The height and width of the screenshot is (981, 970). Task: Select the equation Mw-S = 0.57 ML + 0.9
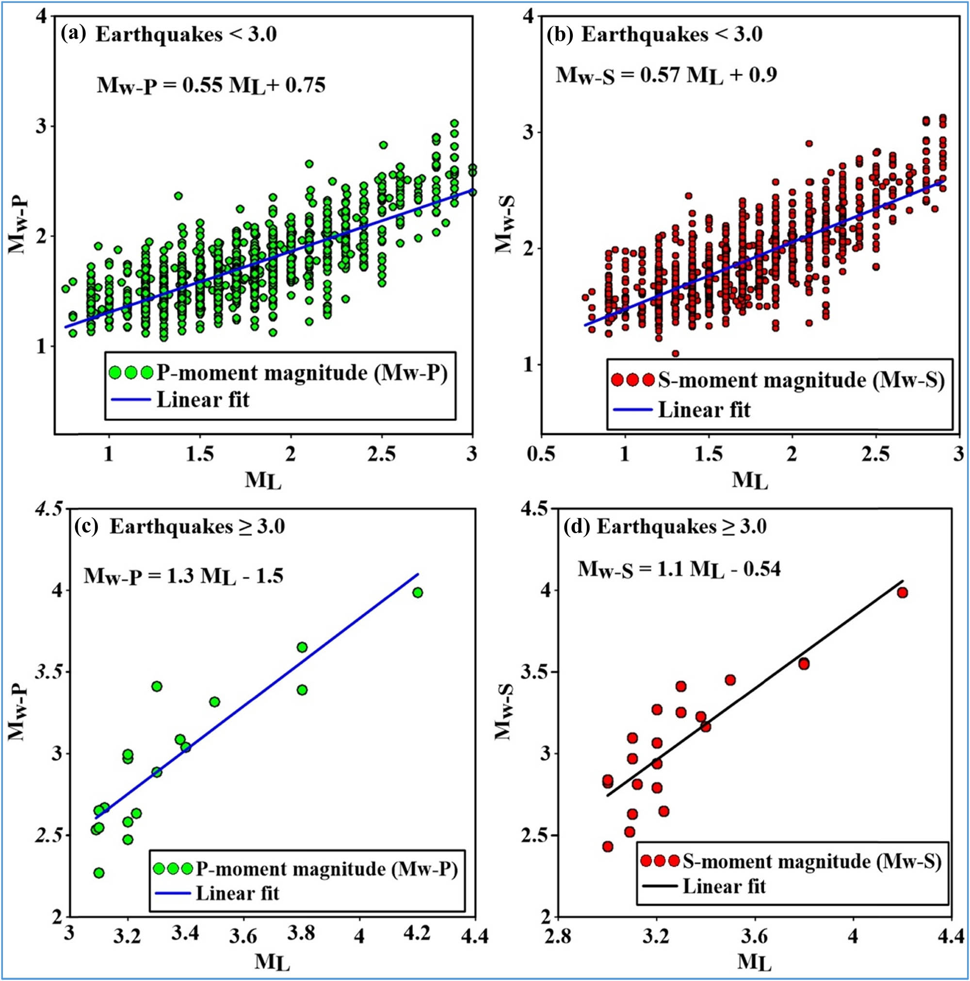pyautogui.click(x=666, y=76)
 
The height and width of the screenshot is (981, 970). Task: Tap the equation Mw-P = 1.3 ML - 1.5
pyautogui.click(x=183, y=576)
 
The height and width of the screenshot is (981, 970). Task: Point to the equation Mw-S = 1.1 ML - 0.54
pyautogui.click(x=679, y=569)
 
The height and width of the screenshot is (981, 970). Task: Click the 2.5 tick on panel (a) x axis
pyautogui.click(x=382, y=455)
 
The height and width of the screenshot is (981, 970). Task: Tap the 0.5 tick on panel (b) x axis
pyautogui.click(x=541, y=455)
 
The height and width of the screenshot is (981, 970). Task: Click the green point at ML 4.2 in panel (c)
pyautogui.click(x=418, y=592)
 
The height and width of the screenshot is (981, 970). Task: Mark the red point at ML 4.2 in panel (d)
pyautogui.click(x=903, y=592)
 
